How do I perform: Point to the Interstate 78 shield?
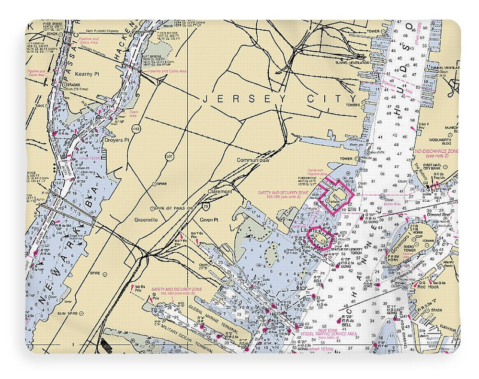(205, 206)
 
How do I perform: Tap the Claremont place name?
(220, 191)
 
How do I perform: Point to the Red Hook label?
(428, 287)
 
